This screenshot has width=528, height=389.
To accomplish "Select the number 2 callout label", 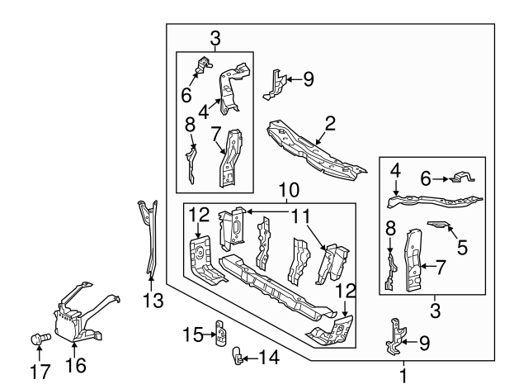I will (330, 124).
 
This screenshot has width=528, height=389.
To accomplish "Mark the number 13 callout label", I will (149, 301).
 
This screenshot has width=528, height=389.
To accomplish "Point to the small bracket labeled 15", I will (220, 332).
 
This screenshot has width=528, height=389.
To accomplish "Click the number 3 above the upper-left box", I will (214, 37).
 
